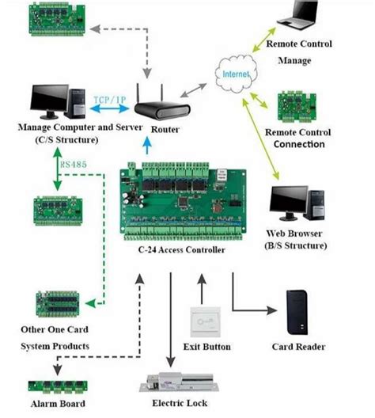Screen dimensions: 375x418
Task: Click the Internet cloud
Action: point(236,74)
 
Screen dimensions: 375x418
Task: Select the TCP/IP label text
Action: point(110,100)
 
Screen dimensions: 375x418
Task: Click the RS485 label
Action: point(74,164)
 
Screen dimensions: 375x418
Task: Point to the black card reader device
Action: point(297,312)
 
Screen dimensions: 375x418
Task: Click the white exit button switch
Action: point(206,322)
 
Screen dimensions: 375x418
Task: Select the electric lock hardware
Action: point(179,382)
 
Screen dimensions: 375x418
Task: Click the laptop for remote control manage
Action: point(297,15)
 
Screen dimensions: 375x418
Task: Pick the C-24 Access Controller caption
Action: point(182,250)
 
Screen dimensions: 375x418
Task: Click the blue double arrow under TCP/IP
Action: point(109,108)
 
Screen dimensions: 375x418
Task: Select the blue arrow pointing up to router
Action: point(147,146)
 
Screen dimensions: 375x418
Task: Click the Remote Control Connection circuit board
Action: point(297,107)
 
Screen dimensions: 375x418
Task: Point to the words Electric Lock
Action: point(180,403)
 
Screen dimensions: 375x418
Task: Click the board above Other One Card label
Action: point(58,304)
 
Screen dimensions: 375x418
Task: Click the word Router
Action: point(165,130)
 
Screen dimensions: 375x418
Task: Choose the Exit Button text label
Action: point(207,347)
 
